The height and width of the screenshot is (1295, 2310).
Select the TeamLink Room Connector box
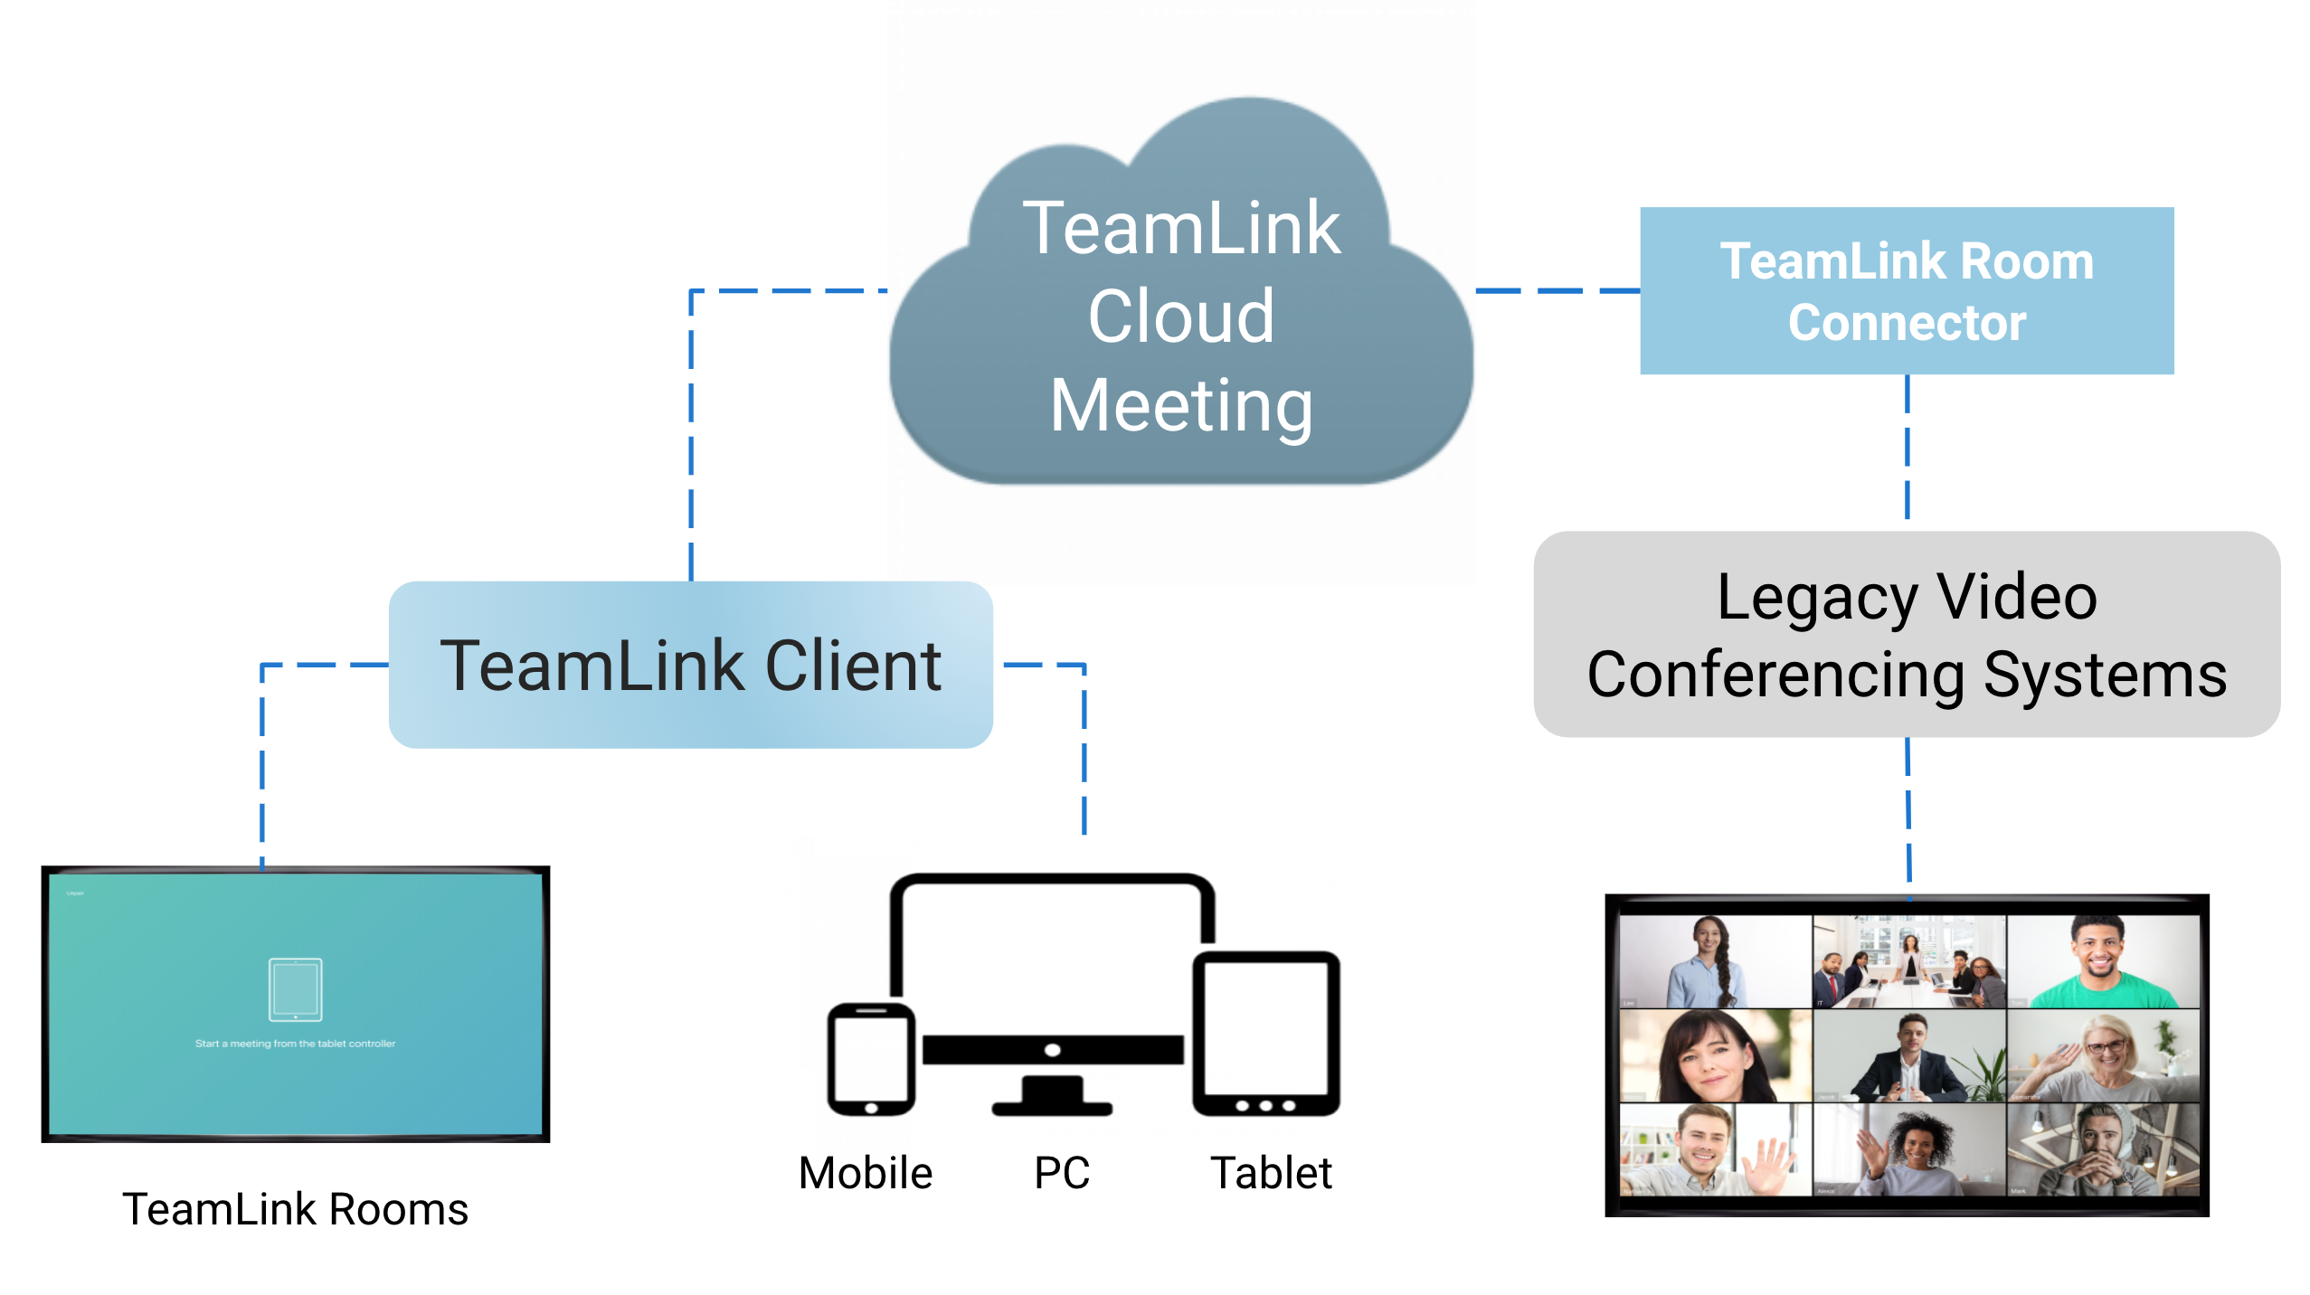[1906, 290]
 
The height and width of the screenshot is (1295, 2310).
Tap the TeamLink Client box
[690, 665]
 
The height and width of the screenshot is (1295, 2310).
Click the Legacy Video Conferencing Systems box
[1906, 635]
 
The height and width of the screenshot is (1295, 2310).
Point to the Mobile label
[865, 1173]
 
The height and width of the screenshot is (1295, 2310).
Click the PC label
[1061, 1173]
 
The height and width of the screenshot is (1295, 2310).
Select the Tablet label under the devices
[1270, 1173]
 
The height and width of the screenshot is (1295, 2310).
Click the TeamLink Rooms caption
[295, 1209]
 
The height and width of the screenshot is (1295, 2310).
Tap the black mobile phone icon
[870, 1058]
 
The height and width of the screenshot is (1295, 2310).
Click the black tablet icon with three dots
[1265, 1034]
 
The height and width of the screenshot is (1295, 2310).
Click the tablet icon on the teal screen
[295, 989]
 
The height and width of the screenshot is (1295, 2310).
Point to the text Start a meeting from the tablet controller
[295, 1044]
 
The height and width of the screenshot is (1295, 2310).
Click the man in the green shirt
[2100, 963]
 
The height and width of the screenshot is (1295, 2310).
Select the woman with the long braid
[1709, 963]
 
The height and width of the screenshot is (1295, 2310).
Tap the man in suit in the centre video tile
[1908, 1058]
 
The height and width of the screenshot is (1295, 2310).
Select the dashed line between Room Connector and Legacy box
[1907, 448]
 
